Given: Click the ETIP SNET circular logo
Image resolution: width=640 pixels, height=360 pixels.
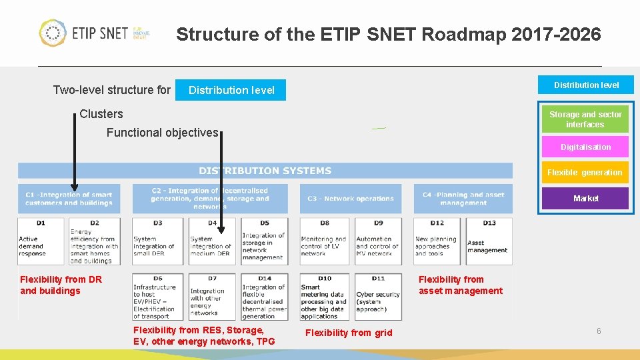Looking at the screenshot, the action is (53, 33).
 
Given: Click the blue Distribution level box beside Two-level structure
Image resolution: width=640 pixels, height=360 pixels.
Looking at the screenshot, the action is (231, 90).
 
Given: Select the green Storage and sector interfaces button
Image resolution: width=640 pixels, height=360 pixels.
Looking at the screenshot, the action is (585, 119).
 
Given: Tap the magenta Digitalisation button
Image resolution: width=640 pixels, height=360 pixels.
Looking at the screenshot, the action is (585, 147).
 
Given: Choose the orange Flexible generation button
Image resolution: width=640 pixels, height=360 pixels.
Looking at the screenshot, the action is (585, 173).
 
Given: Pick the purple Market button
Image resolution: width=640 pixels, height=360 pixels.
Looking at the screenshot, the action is (585, 199).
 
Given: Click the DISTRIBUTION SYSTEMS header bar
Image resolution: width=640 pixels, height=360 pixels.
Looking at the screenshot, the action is (265, 171).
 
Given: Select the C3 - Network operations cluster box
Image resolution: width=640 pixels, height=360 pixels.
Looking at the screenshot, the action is (351, 199).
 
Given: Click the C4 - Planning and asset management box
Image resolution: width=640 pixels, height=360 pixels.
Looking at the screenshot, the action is (463, 199).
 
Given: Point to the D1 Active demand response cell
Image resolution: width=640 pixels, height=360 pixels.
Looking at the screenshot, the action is (41, 241).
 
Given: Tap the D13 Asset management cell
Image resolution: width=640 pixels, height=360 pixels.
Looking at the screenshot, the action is (489, 241).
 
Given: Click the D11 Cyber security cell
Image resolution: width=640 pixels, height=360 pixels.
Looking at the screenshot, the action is (378, 297).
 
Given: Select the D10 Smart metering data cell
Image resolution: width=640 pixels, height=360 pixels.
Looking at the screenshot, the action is (323, 297).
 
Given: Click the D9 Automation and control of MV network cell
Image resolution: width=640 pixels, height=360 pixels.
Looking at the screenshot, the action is (378, 241).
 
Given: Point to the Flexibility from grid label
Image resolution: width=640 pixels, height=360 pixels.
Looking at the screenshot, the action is (349, 333).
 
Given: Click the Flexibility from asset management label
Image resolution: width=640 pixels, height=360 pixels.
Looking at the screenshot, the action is (460, 285).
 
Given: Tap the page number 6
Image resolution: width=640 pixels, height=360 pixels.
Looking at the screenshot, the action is (599, 331).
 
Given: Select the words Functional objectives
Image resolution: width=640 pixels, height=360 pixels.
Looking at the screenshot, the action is (162, 133).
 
